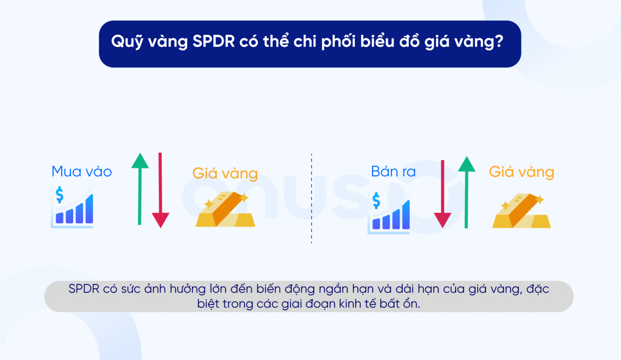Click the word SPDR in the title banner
213,42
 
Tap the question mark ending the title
498,42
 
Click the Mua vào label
82,172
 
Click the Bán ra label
393,172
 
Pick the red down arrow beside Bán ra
442,194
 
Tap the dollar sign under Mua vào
59,194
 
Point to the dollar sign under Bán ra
376,200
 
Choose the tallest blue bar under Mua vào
89,209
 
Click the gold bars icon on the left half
225,210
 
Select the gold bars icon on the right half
522,211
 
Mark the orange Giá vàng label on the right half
521,172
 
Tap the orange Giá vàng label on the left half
225,173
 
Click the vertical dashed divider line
311,198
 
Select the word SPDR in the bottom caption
84,289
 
